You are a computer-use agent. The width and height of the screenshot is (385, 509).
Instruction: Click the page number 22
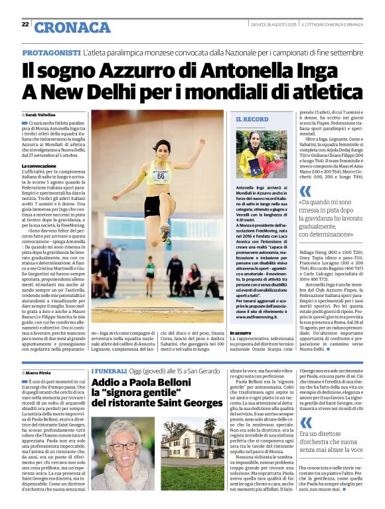point(25,24)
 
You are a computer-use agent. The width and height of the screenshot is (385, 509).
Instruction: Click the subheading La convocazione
point(39,165)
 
